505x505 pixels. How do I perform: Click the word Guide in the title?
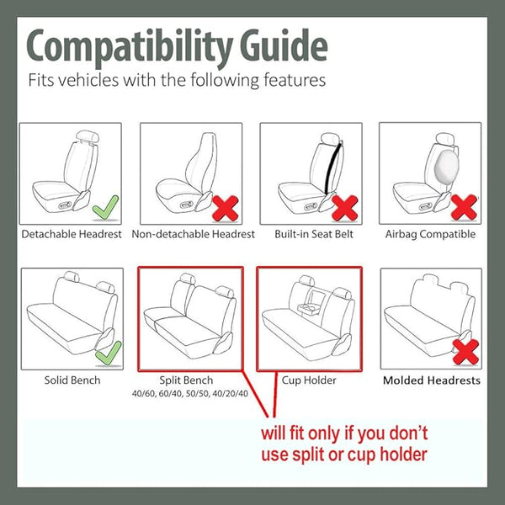pyautogui.click(x=284, y=45)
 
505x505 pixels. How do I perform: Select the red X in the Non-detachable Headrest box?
pyautogui.click(x=226, y=208)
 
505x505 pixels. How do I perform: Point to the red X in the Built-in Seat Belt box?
pyautogui.click(x=345, y=208)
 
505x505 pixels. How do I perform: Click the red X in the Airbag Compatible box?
pyautogui.click(x=464, y=207)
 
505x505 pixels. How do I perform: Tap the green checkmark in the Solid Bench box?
pyautogui.click(x=109, y=353)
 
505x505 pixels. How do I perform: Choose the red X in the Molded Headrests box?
pyautogui.click(x=465, y=352)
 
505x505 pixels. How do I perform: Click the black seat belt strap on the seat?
pyautogui.click(x=332, y=168)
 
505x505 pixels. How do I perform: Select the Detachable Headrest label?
pyautogui.click(x=72, y=234)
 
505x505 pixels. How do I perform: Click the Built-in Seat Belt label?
pyautogui.click(x=314, y=234)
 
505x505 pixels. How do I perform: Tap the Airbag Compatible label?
pyautogui.click(x=430, y=234)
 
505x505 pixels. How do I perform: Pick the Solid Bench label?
pyautogui.click(x=72, y=380)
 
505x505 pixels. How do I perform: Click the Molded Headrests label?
pyautogui.click(x=432, y=380)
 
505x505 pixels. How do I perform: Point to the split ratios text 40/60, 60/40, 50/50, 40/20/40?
pyautogui.click(x=190, y=393)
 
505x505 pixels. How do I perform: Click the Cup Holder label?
pyautogui.click(x=309, y=380)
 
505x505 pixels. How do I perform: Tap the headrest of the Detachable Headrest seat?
pyautogui.click(x=88, y=136)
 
